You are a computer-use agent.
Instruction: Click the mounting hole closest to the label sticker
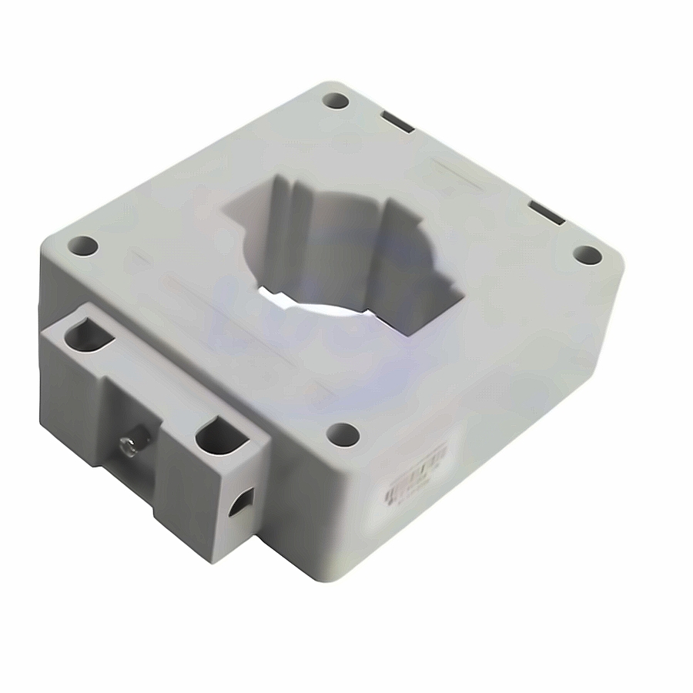[x=343, y=434]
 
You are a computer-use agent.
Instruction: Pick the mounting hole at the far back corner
[x=336, y=100]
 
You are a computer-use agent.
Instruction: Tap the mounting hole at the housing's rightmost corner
[x=587, y=254]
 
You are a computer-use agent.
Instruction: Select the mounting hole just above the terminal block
[x=83, y=246]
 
